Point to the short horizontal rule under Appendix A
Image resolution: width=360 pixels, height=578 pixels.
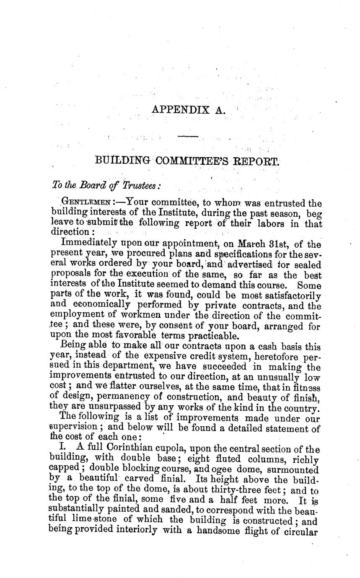[188, 136]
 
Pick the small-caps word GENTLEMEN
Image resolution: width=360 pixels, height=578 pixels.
[85, 203]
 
